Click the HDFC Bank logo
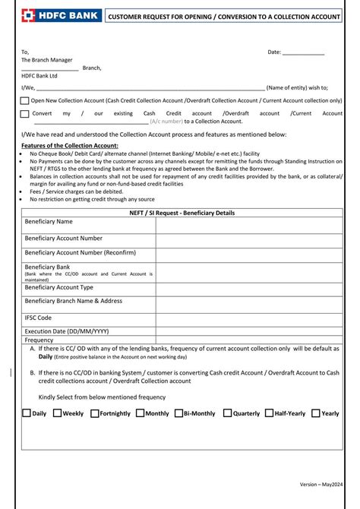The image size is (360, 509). pos(51,15)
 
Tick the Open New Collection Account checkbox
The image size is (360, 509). pos(25,100)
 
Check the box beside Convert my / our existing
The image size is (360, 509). pos(25,113)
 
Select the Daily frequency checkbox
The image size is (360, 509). pos(27,414)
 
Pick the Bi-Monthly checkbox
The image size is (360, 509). pos(178,414)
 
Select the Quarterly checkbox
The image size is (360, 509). pos(227,414)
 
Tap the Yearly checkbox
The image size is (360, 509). pos(315,414)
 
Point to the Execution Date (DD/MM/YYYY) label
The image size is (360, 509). pos(67,332)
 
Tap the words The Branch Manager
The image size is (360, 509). pos(47,59)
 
